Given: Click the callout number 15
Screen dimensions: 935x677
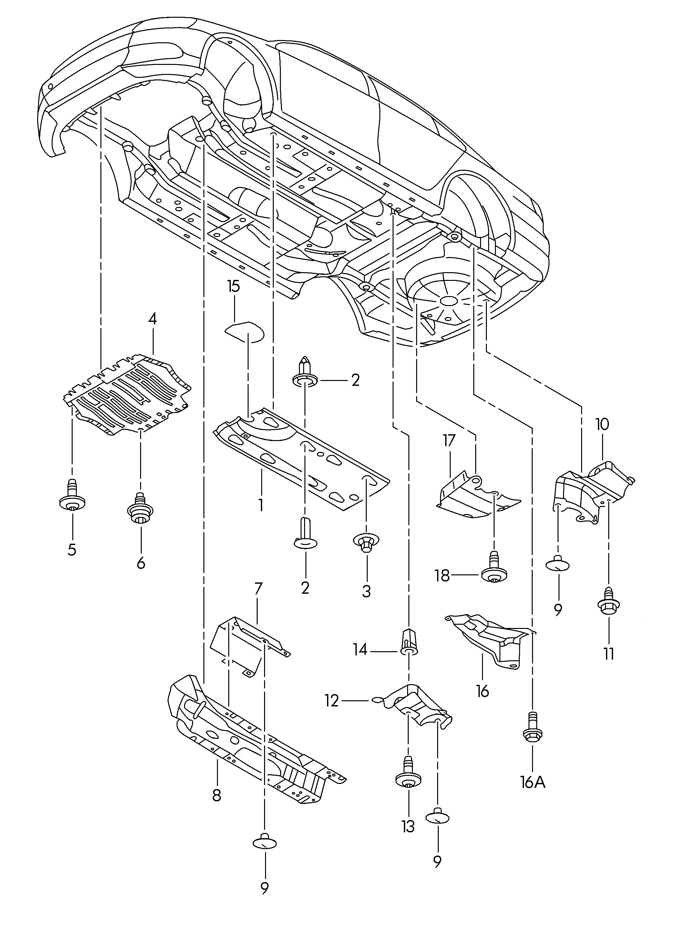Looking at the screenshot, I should click(233, 286).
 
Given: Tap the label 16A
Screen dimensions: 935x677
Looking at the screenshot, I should click(533, 782).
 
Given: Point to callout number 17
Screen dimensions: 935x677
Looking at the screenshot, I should click(449, 441).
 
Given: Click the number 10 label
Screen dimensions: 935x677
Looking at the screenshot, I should click(602, 424).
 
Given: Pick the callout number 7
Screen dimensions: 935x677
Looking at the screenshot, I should click(258, 588).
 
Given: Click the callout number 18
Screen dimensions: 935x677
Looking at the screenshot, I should click(442, 576).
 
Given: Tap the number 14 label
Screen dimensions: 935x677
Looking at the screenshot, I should click(360, 650).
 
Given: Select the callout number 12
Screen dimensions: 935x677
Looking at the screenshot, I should click(332, 701).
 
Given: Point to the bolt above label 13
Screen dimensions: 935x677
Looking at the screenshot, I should click(408, 774).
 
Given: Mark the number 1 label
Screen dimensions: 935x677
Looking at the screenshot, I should click(261, 505).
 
